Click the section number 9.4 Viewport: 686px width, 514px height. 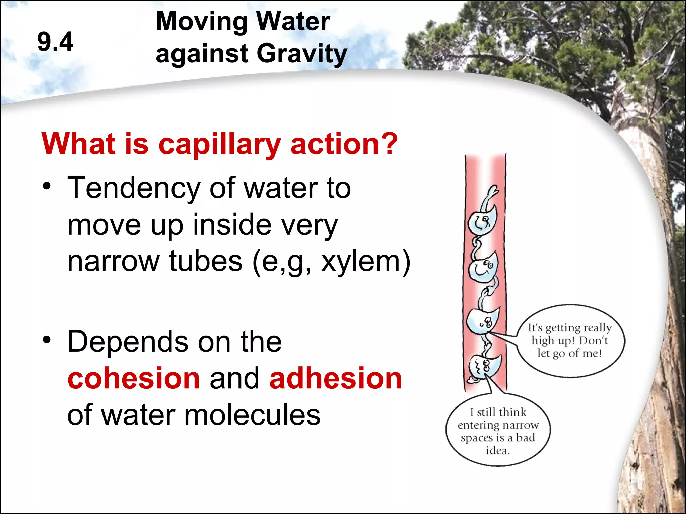[55, 42]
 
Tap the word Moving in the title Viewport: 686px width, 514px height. [201, 21]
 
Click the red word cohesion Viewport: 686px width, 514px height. [134, 378]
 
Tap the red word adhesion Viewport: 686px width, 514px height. [335, 378]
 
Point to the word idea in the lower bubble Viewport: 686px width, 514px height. [497, 451]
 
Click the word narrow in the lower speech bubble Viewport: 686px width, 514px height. [524, 425]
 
